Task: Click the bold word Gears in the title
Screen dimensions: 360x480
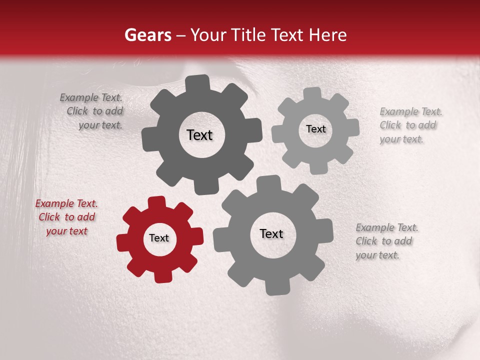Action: tap(147, 35)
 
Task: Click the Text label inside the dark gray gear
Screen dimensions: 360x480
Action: tap(199, 135)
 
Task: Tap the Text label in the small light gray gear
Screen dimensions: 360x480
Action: tap(315, 129)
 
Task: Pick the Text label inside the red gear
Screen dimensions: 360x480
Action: tap(159, 238)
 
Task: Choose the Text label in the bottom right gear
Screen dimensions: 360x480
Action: tap(271, 233)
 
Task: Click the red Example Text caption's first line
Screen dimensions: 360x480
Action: tap(66, 203)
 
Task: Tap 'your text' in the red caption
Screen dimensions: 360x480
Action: tap(66, 231)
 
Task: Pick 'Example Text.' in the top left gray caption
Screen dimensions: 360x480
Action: tap(91, 97)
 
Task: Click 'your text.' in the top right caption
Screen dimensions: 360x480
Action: tap(401, 139)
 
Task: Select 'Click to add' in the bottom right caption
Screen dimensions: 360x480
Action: tap(384, 241)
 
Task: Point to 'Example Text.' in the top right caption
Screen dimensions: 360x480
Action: tap(411, 111)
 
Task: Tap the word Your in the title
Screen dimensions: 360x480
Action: tap(206, 35)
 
